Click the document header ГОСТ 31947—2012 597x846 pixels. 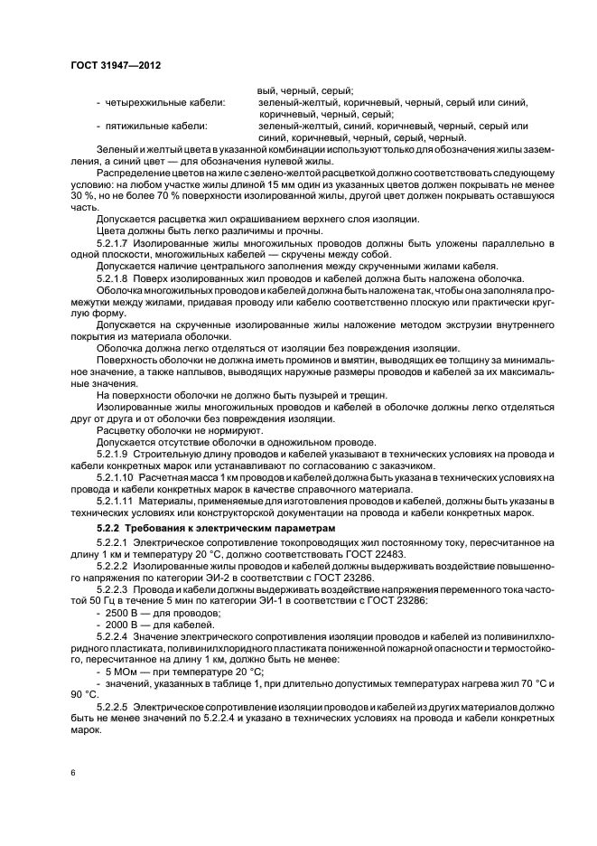pyautogui.click(x=109, y=66)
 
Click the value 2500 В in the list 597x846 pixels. pyautogui.click(x=120, y=613)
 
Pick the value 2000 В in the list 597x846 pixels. pyautogui.click(x=120, y=625)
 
